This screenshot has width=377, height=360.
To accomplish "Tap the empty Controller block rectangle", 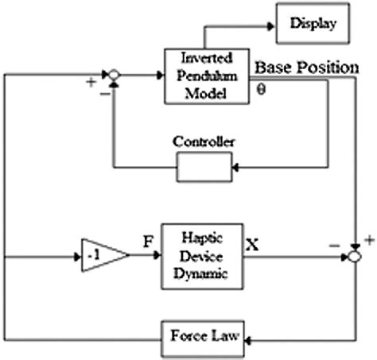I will tap(204, 165).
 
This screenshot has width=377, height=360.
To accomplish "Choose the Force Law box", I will tap(204, 336).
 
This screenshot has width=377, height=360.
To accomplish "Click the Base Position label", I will tap(307, 68).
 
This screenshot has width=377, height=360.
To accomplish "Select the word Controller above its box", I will tap(203, 142).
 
